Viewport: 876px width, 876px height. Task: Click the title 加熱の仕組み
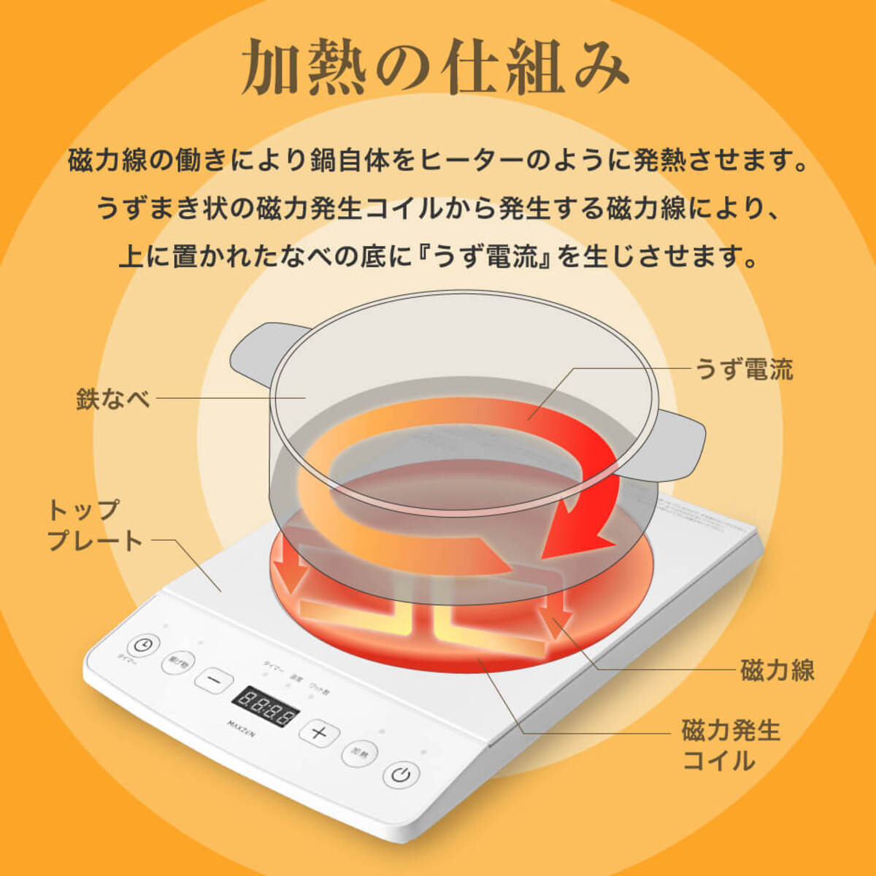pos(435,67)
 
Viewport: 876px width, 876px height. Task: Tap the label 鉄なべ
pos(113,399)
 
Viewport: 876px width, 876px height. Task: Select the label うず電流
pos(744,369)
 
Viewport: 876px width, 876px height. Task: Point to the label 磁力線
pos(777,670)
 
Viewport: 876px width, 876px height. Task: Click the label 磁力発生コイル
pos(731,745)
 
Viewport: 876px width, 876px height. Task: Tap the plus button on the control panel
pos(319,732)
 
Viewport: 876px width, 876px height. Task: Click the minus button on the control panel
pos(215,680)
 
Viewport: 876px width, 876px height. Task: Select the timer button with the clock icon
pos(143,645)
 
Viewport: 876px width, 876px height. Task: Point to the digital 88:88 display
pos(266,705)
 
